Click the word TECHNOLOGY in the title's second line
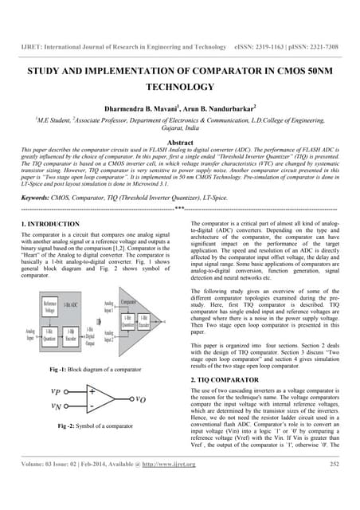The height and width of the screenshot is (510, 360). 179,88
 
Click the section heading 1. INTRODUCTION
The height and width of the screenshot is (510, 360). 50,226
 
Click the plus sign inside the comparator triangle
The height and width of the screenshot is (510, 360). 92,392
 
